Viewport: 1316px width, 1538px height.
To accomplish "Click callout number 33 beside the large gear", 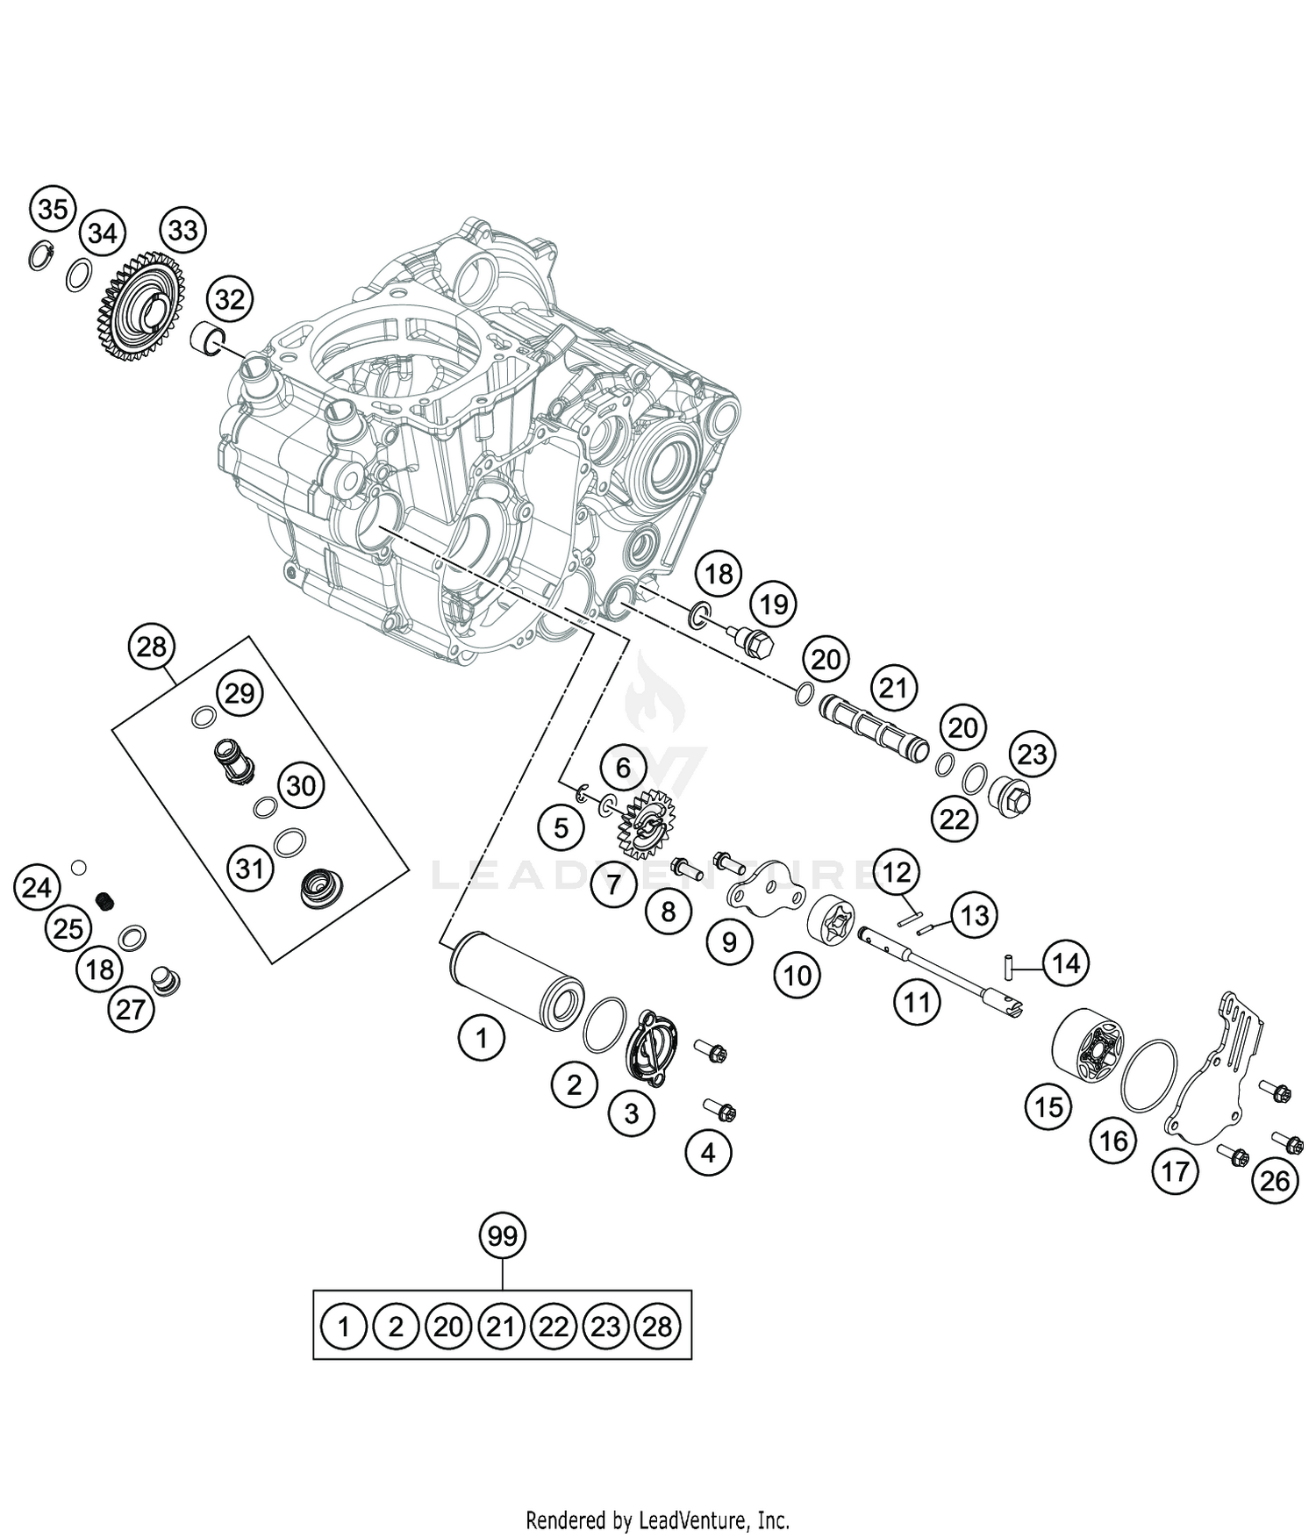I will [x=182, y=231].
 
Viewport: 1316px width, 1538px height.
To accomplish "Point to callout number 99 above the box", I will [x=502, y=1237].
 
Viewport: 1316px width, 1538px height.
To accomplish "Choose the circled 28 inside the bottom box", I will [x=656, y=1327].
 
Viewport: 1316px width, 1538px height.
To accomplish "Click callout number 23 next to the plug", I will [x=1032, y=755].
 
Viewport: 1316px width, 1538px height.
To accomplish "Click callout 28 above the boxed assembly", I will [x=152, y=647].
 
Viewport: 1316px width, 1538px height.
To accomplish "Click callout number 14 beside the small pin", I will [x=1065, y=964].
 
